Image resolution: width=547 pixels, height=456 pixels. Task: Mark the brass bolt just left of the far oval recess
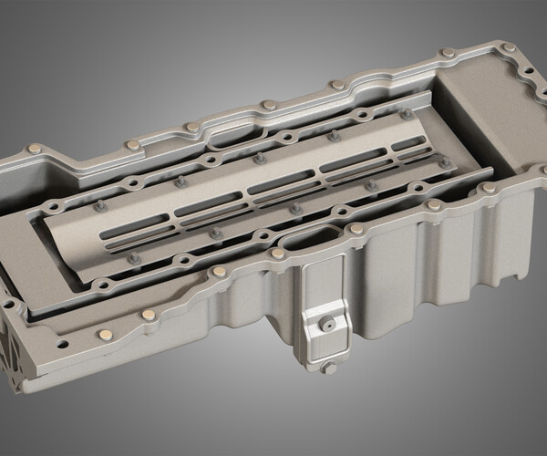click(x=190, y=126)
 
